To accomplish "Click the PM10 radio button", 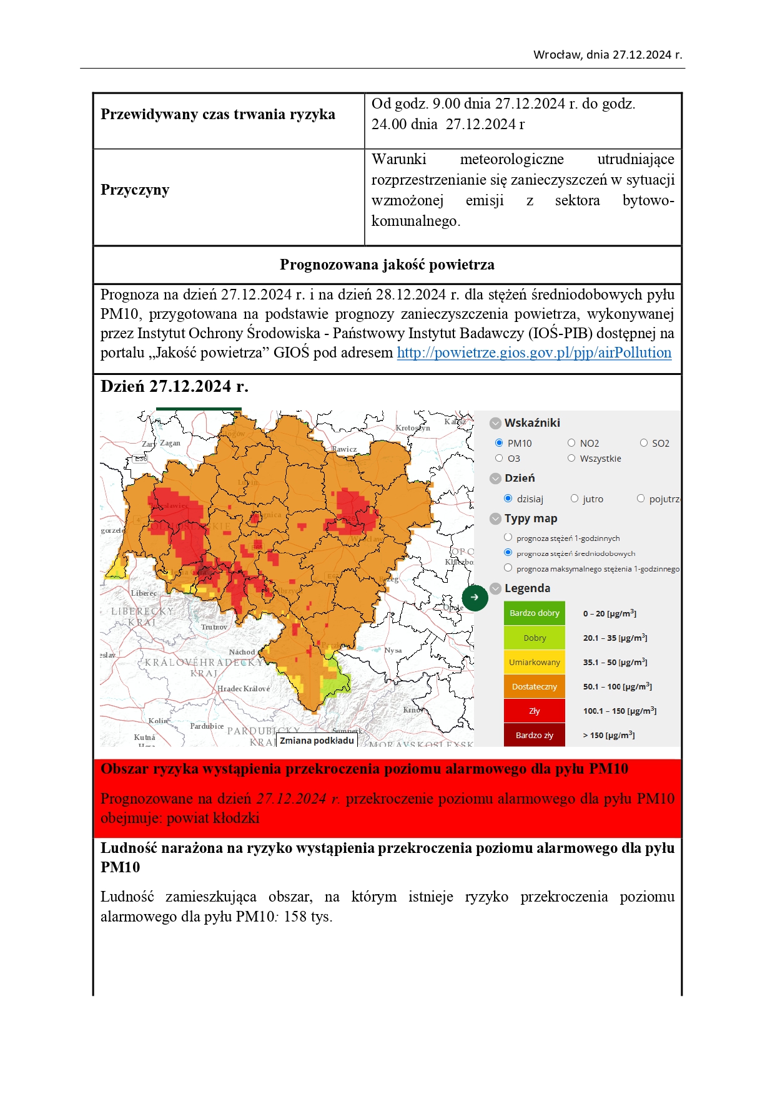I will point(499,443).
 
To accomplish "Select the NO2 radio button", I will point(571,443).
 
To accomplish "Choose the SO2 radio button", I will point(644,443).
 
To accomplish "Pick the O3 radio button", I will point(499,459).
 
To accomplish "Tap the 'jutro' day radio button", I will point(575,499).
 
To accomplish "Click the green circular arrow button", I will point(475,598).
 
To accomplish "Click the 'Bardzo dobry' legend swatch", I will point(534,613).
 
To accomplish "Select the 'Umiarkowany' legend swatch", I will point(534,662).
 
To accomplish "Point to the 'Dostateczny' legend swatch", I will point(534,686).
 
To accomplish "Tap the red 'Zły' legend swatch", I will point(534,711).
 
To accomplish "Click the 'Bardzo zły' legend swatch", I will point(534,735).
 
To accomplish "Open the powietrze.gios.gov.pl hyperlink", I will point(534,353).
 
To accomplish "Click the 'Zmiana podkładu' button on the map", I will point(317,741).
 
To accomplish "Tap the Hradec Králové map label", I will point(244,689).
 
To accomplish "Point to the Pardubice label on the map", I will point(207,726).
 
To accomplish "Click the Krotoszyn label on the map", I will point(413,428).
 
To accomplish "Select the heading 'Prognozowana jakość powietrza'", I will point(387,265).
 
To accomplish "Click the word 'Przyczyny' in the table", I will point(135,190).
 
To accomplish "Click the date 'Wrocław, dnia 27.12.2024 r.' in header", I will point(608,55).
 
